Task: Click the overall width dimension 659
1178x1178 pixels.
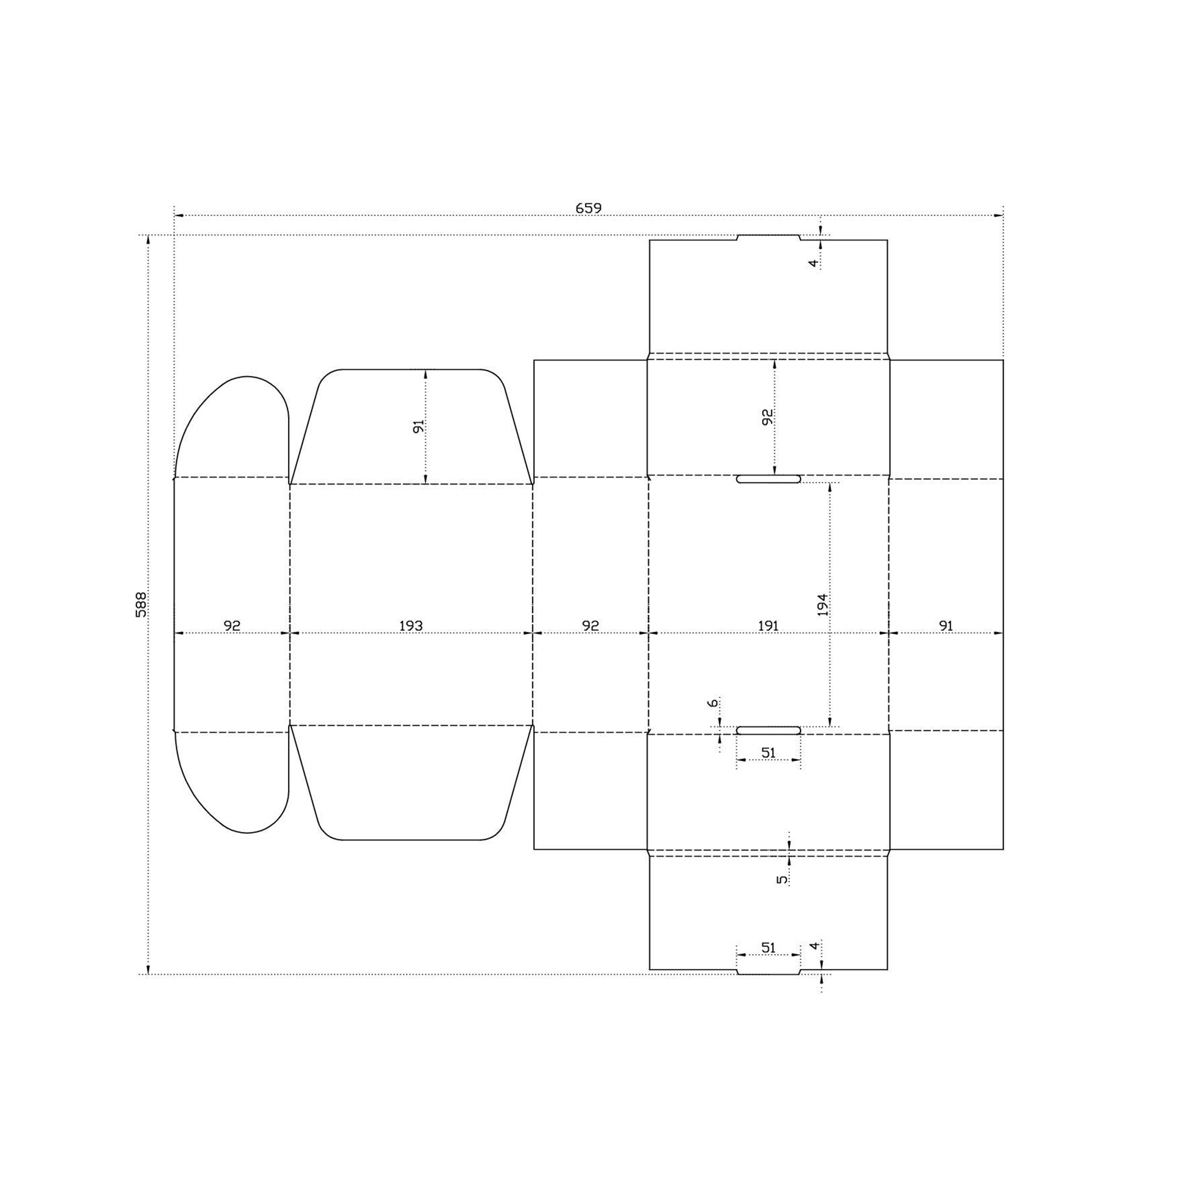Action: (588, 208)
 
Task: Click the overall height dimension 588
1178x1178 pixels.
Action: (141, 604)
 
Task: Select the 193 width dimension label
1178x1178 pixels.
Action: (411, 626)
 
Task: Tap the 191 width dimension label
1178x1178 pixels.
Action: (768, 626)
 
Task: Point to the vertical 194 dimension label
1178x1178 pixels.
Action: (822, 604)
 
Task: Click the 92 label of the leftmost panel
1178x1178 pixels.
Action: (232, 626)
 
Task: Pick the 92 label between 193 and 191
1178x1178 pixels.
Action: (590, 626)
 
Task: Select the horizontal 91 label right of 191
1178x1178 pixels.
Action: (946, 626)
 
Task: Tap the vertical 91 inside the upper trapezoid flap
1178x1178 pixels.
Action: (418, 426)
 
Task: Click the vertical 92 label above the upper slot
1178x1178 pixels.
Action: (767, 417)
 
